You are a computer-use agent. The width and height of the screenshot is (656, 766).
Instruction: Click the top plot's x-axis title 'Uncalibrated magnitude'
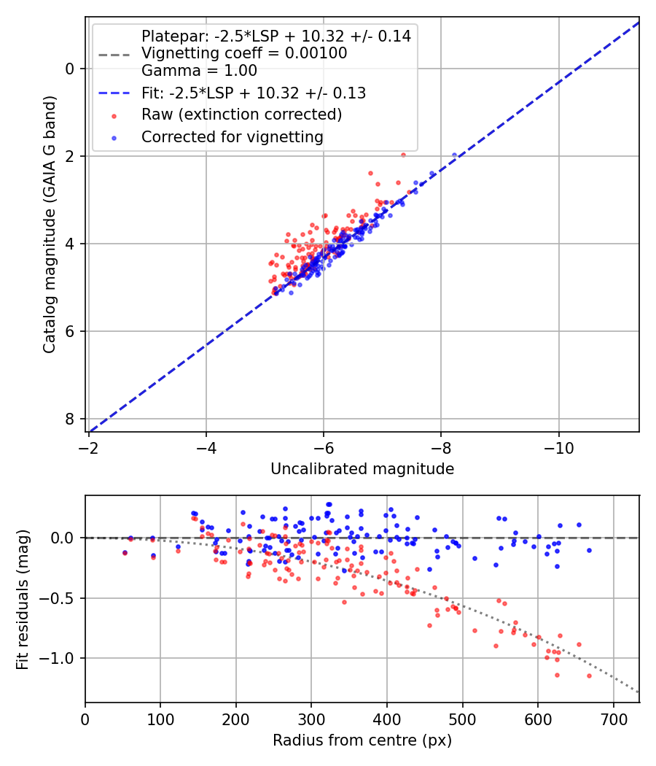click(362, 469)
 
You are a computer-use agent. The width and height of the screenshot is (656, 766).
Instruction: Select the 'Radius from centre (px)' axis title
click(362, 740)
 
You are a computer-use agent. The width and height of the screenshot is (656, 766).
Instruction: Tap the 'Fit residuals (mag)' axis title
click(22, 599)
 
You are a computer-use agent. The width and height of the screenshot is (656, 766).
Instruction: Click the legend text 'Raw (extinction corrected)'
click(241, 115)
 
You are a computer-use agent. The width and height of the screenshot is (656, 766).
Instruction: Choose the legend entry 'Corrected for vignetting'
click(233, 136)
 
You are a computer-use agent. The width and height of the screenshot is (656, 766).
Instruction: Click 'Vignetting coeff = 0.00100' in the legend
click(244, 53)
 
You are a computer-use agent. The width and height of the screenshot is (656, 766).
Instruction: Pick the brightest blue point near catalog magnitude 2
click(454, 155)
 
